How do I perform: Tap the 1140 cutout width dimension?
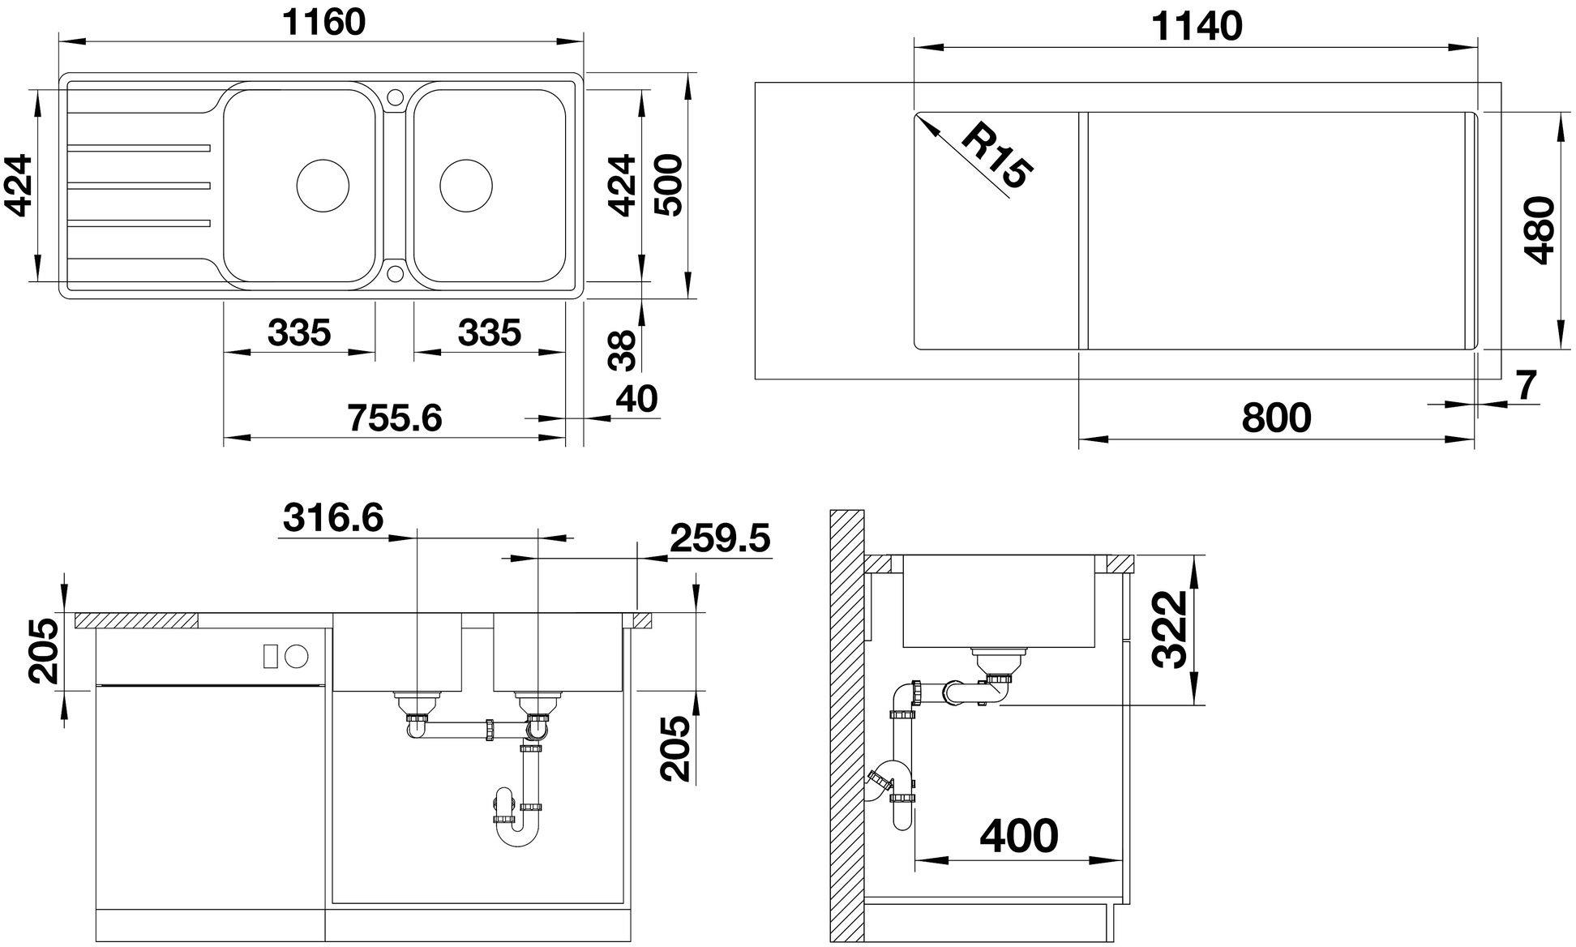(1197, 27)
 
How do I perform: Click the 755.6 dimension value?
(394, 418)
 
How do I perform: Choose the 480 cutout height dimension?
(1538, 230)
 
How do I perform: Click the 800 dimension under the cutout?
(1276, 418)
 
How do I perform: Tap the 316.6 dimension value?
(333, 517)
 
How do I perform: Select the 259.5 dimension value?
(721, 538)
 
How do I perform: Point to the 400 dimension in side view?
(1018, 835)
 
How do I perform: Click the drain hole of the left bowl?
(323, 186)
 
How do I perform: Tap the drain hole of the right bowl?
(465, 186)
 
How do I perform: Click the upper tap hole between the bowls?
(395, 96)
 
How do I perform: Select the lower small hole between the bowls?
(395, 272)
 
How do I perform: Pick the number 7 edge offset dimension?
(1525, 386)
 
